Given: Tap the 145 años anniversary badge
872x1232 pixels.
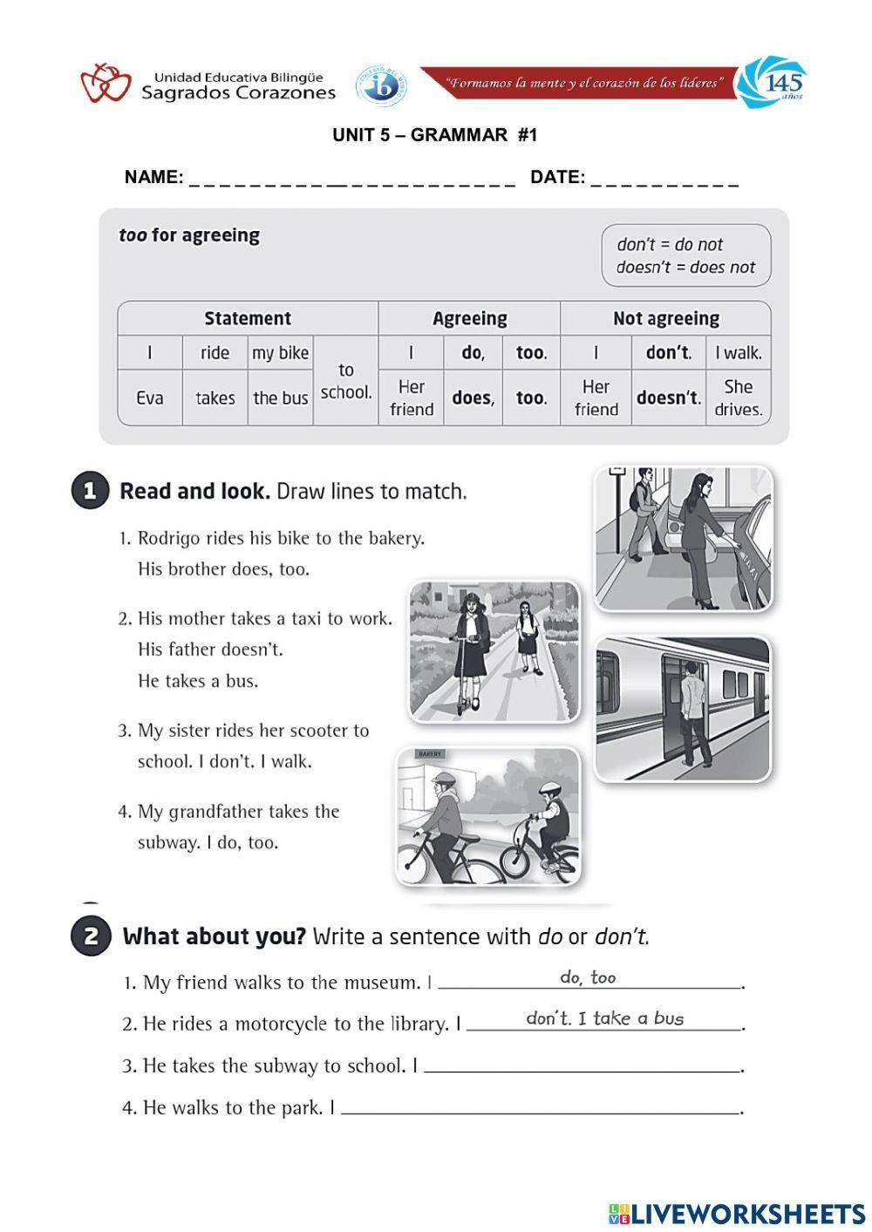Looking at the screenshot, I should tap(773, 83).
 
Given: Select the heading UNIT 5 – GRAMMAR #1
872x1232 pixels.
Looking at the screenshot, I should tap(435, 135).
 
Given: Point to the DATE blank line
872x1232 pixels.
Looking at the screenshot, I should tap(664, 180).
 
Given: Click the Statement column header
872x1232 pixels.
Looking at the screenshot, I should tap(248, 318).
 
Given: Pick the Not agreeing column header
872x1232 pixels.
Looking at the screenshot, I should tap(665, 318).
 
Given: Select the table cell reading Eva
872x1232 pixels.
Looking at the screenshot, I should tap(150, 398).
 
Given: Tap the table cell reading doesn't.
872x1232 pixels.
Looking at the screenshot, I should tap(668, 398).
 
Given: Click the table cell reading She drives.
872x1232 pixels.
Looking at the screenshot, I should tap(738, 398).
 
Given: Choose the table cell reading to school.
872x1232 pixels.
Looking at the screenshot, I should tap(345, 381).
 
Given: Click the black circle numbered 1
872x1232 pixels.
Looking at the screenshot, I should tap(90, 491).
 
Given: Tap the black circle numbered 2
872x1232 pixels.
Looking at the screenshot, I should tap(90, 936).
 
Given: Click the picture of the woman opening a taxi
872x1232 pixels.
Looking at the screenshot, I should tap(683, 538).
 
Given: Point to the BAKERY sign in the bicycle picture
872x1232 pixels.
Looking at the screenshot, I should tap(430, 753).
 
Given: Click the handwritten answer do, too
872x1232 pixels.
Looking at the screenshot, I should tap(588, 977).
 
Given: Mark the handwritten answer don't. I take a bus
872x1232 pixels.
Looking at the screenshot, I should tap(604, 1018).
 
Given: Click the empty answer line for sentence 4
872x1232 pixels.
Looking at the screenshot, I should tap(541, 1110).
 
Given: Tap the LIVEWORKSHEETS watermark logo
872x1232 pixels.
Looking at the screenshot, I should tap(736, 1213).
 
